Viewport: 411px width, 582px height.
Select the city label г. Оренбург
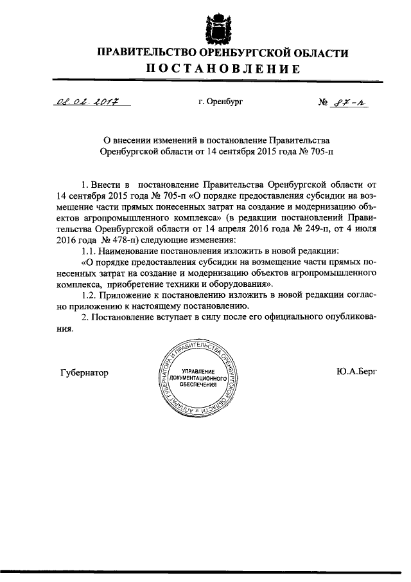(221, 100)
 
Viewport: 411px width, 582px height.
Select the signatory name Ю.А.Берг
(355, 372)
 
